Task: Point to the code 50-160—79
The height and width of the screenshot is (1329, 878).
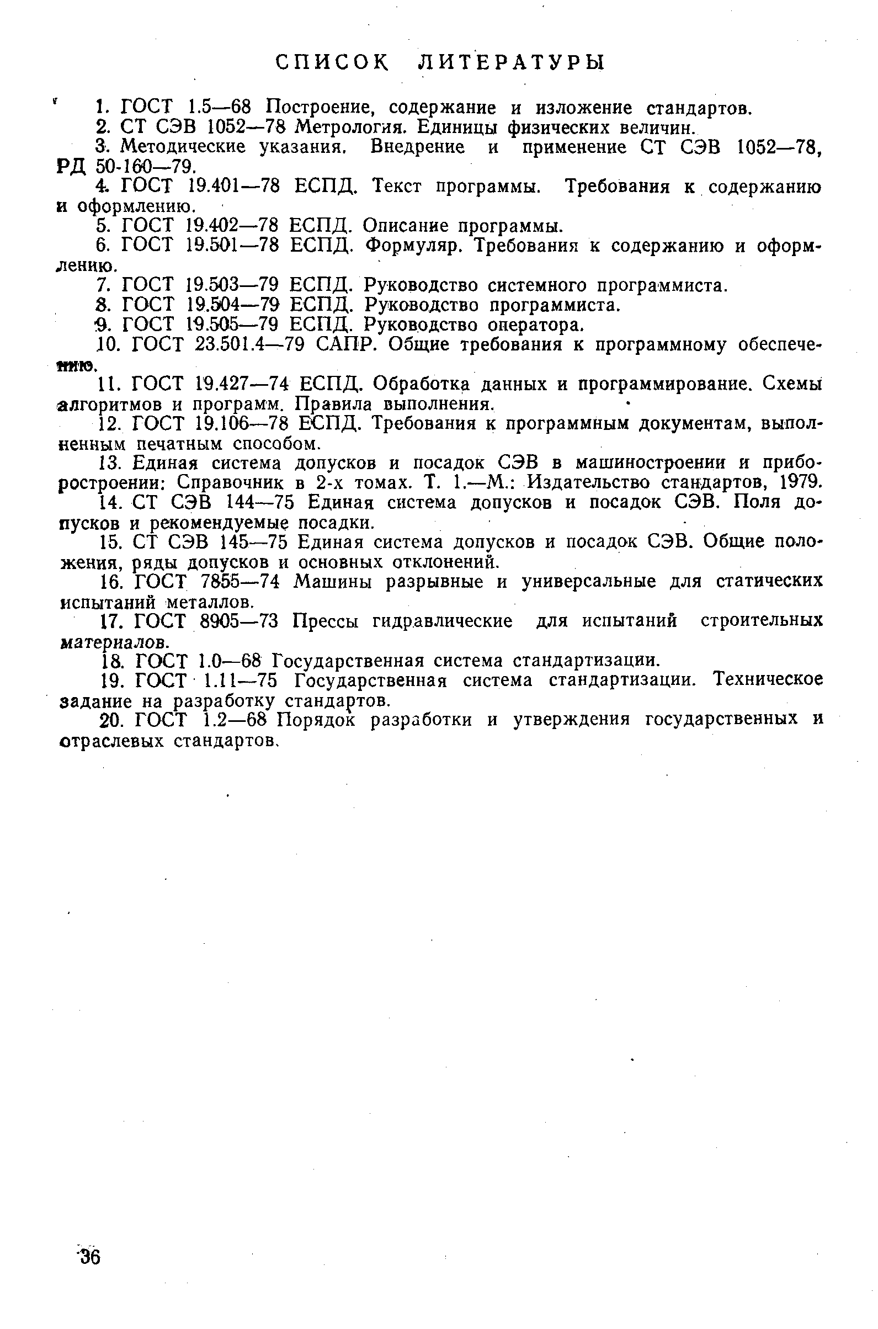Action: click(x=145, y=166)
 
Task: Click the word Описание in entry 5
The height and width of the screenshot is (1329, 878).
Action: click(x=406, y=226)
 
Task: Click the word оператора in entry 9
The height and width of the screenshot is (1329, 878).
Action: click(x=535, y=325)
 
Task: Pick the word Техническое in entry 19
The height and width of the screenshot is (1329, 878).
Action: click(x=768, y=679)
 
